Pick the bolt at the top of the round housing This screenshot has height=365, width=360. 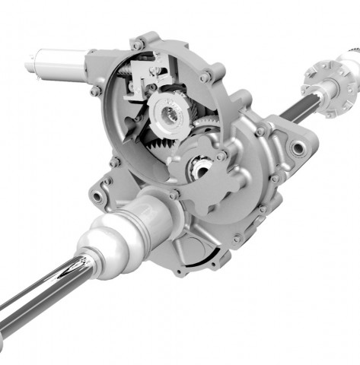(x=138, y=45)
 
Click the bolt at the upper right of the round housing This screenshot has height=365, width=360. (x=205, y=77)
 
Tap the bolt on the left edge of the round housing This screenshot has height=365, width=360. (x=96, y=91)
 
